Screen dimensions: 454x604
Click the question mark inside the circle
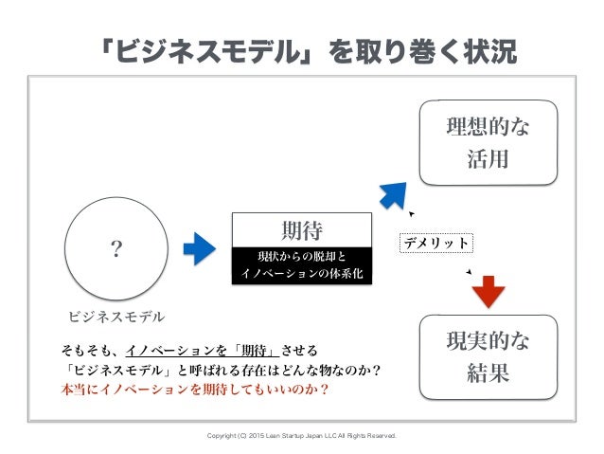tap(117, 249)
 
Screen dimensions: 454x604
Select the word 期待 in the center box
tap(302, 228)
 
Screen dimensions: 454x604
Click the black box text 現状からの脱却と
tap(302, 256)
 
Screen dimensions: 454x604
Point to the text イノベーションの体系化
tap(302, 275)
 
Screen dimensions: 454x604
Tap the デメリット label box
tap(435, 243)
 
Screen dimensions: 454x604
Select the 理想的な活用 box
tap(488, 142)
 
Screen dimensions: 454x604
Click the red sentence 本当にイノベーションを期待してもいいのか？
tap(195, 389)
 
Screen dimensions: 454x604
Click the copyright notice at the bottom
tap(302, 437)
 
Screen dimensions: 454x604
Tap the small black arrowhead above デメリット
tap(411, 214)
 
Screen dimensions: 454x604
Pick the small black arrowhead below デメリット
tap(468, 272)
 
